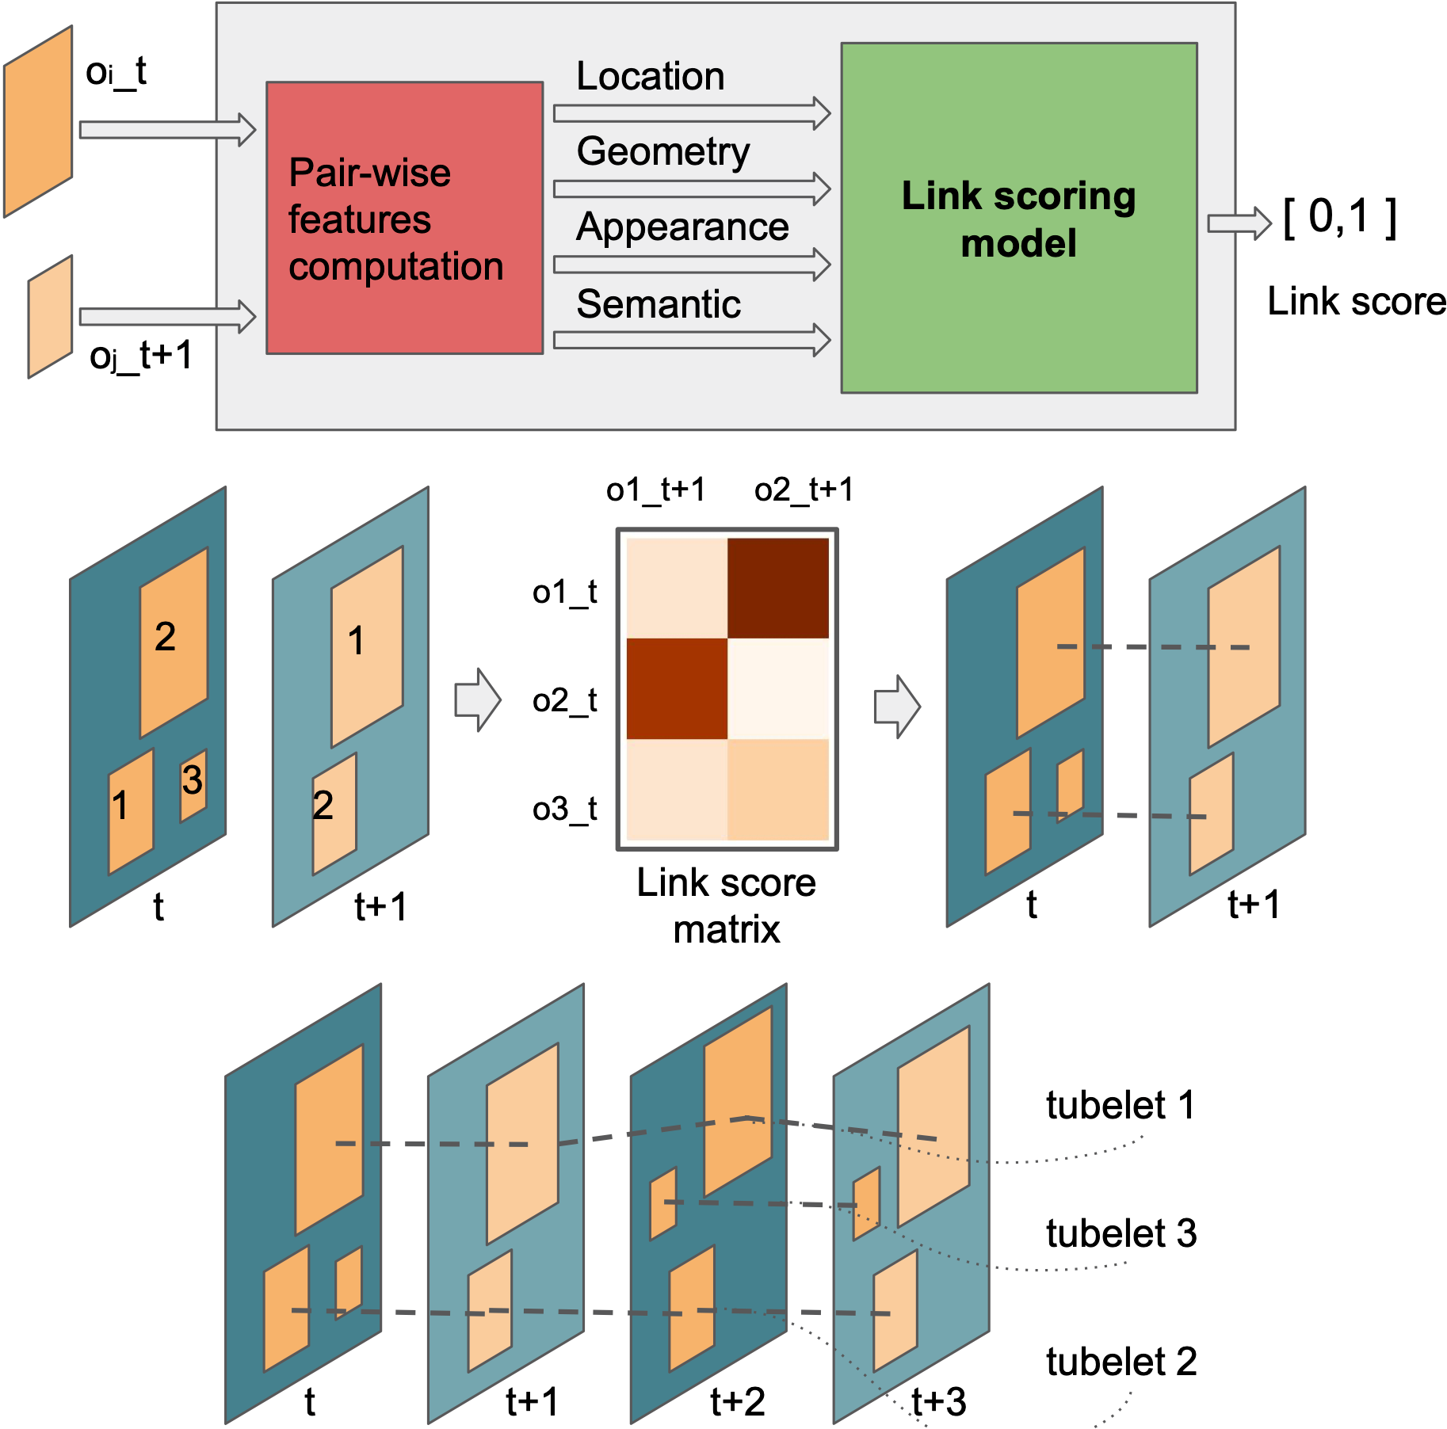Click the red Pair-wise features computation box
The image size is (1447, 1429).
click(404, 218)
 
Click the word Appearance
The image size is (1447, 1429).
click(682, 227)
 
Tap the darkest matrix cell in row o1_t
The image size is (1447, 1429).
click(777, 588)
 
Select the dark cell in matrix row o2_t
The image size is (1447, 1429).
click(677, 688)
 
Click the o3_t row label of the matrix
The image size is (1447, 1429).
click(564, 810)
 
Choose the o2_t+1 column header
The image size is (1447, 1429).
click(804, 490)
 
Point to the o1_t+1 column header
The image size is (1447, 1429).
click(655, 490)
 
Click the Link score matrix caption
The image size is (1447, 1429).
click(726, 905)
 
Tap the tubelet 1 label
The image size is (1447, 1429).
click(1120, 1105)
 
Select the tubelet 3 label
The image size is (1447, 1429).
click(1121, 1233)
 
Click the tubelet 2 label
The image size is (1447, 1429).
click(1121, 1362)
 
